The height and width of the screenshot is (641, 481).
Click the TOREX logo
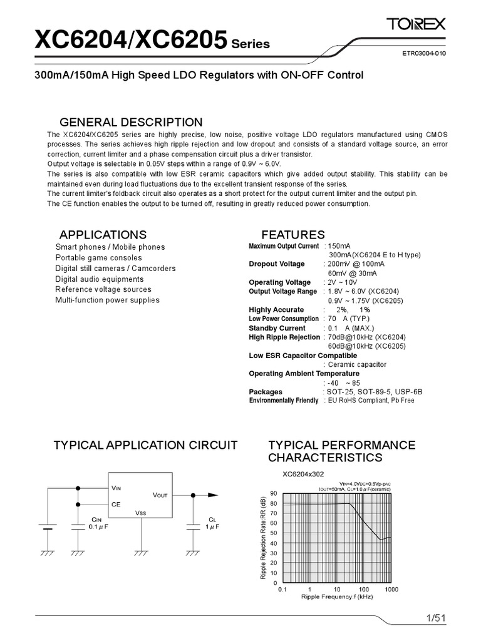tap(416, 25)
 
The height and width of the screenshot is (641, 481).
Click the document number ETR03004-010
tap(424, 54)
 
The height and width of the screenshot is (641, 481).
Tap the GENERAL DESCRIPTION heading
tap(130, 122)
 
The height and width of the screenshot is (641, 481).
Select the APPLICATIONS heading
tap(103, 235)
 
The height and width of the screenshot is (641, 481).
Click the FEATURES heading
tap(293, 235)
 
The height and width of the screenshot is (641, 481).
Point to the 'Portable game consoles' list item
tap(98, 258)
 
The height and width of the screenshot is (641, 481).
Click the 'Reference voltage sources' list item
tap(103, 289)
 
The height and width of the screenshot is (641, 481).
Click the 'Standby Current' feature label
tap(277, 328)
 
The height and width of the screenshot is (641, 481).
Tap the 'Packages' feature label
tap(266, 392)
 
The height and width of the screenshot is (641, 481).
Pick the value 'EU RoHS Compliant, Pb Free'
tap(369, 401)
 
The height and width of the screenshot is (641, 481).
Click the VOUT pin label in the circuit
tap(160, 495)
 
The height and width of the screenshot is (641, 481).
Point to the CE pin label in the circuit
tap(116, 503)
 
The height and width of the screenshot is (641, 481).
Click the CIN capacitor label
tap(96, 520)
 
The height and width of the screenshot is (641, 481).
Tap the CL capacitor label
tap(212, 520)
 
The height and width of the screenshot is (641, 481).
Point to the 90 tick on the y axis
tap(272, 493)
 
